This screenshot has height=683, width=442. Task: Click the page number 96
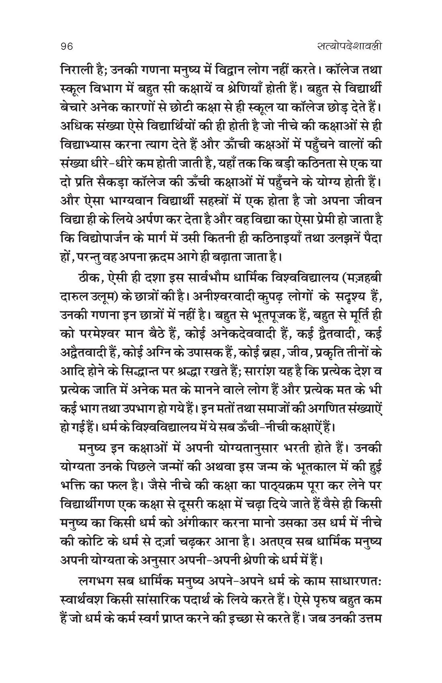coord(64,47)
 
